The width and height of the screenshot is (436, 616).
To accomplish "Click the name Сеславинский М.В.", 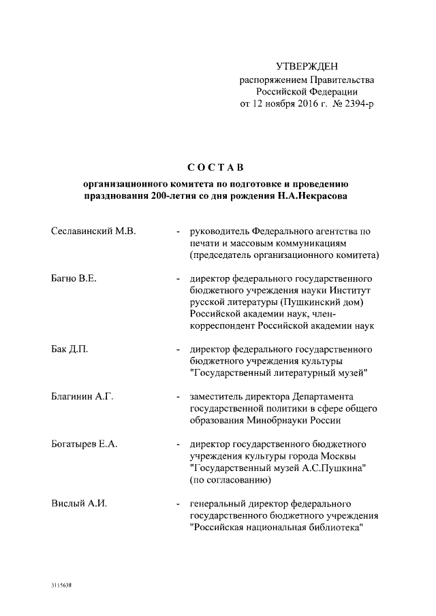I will pyautogui.click(x=94, y=231).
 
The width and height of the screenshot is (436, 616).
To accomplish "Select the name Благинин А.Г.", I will pyautogui.click(x=82, y=397).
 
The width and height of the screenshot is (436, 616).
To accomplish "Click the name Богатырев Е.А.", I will pyautogui.click(x=85, y=444).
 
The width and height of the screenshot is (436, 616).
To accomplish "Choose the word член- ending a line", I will pyautogui.click(x=329, y=314).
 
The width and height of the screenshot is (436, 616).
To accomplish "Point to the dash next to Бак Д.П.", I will pyautogui.click(x=178, y=350).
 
